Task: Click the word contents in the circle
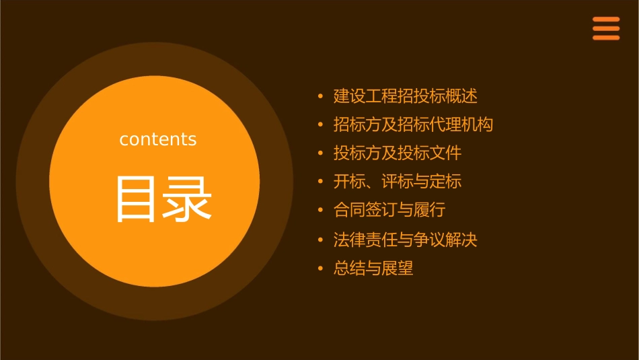click(x=158, y=139)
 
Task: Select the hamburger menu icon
click(x=605, y=28)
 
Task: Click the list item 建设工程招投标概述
click(x=405, y=96)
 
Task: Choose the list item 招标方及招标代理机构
click(x=413, y=124)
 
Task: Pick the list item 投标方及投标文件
click(x=398, y=153)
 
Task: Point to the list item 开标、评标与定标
click(x=398, y=182)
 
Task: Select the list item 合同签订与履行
click(x=389, y=210)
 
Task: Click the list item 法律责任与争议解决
click(x=405, y=240)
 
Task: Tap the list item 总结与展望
click(x=373, y=268)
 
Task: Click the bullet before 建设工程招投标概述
click(x=321, y=96)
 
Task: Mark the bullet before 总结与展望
click(x=321, y=268)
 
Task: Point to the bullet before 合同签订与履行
click(x=321, y=210)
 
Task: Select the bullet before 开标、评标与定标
click(x=321, y=182)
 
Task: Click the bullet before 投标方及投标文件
click(x=321, y=153)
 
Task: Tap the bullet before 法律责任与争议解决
click(x=321, y=240)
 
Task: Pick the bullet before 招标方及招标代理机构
click(x=321, y=124)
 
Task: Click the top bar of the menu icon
click(x=605, y=20)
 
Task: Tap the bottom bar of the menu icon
click(x=605, y=38)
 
